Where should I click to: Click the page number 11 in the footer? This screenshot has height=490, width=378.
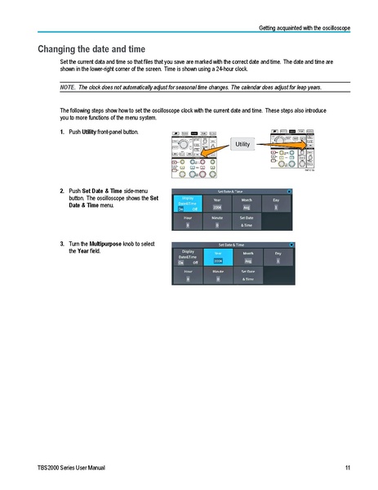348,467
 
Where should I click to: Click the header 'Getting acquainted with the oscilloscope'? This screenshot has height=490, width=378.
304,29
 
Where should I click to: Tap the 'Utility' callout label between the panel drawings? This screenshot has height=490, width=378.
243,145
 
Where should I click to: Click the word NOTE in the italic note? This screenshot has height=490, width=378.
69,87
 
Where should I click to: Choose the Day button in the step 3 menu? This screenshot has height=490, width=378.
278,258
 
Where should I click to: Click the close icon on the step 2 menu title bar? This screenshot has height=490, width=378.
289,191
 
